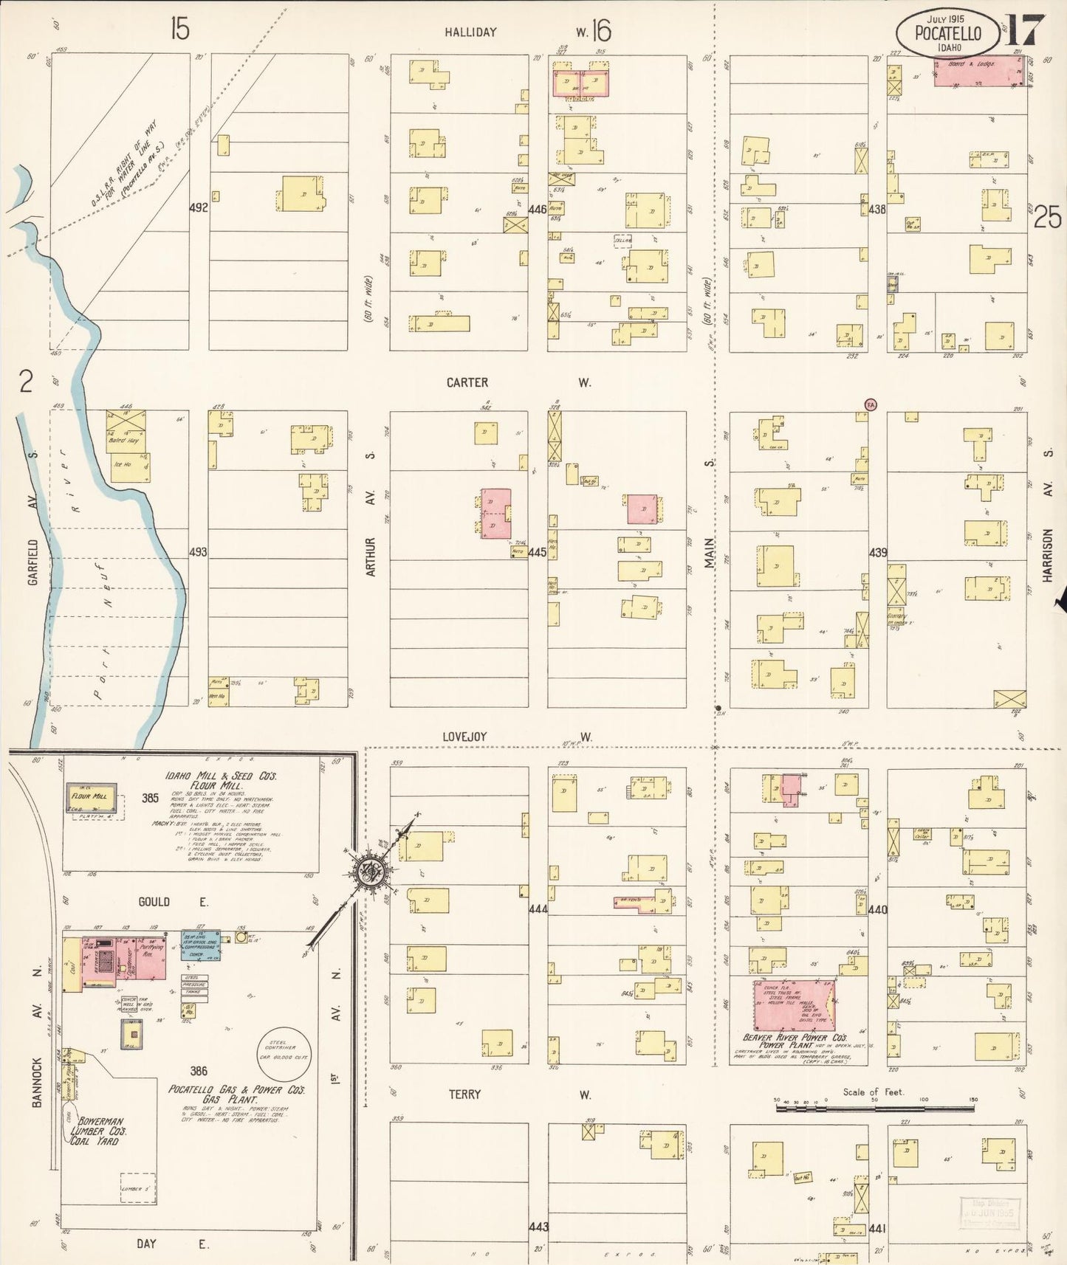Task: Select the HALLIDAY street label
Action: tap(470, 32)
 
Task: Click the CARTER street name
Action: tap(467, 382)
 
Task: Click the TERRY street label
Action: tap(464, 1094)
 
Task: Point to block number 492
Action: tap(198, 208)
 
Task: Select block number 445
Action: tap(538, 552)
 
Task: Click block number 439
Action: tap(877, 552)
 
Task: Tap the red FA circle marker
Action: tap(871, 404)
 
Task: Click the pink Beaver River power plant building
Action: tap(794, 1005)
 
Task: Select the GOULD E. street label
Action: tap(163, 902)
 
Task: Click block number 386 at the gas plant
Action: tap(198, 1071)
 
